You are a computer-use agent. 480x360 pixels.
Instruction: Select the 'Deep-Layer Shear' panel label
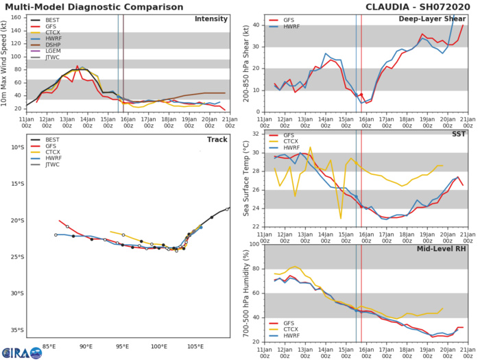[x=435, y=19]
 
